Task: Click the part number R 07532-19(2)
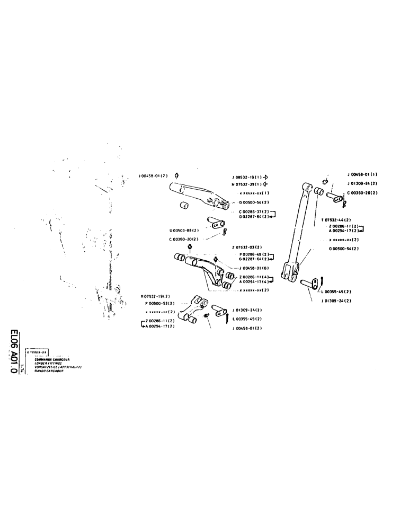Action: [x=156, y=296]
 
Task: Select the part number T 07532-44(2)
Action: [x=336, y=219]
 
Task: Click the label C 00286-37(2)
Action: [x=254, y=211]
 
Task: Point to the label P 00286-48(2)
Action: [x=254, y=254]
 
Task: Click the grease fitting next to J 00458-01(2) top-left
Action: [x=176, y=176]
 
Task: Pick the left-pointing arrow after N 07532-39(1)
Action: [x=265, y=184]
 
